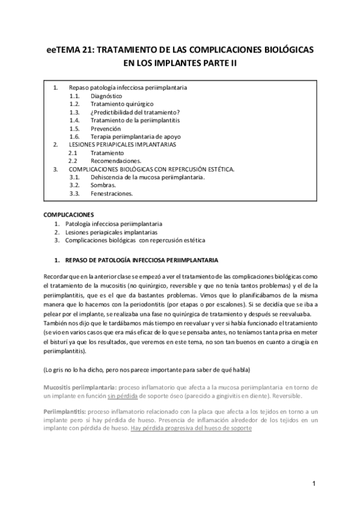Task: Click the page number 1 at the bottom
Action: pyautogui.click(x=314, y=484)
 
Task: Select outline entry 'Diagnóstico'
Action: pyautogui.click(x=106, y=96)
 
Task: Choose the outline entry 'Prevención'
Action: pyautogui.click(x=106, y=129)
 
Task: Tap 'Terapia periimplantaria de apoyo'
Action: pyautogui.click(x=134, y=137)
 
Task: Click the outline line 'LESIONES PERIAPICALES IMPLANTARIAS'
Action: pyautogui.click(x=121, y=145)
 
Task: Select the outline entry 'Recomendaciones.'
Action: pyautogui.click(x=116, y=161)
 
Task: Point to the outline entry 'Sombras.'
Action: pyautogui.click(x=103, y=186)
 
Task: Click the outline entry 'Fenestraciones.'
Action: pyautogui.click(x=112, y=194)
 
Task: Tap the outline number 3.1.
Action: pyautogui.click(x=75, y=177)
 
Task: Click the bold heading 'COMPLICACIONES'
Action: pyautogui.click(x=69, y=215)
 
